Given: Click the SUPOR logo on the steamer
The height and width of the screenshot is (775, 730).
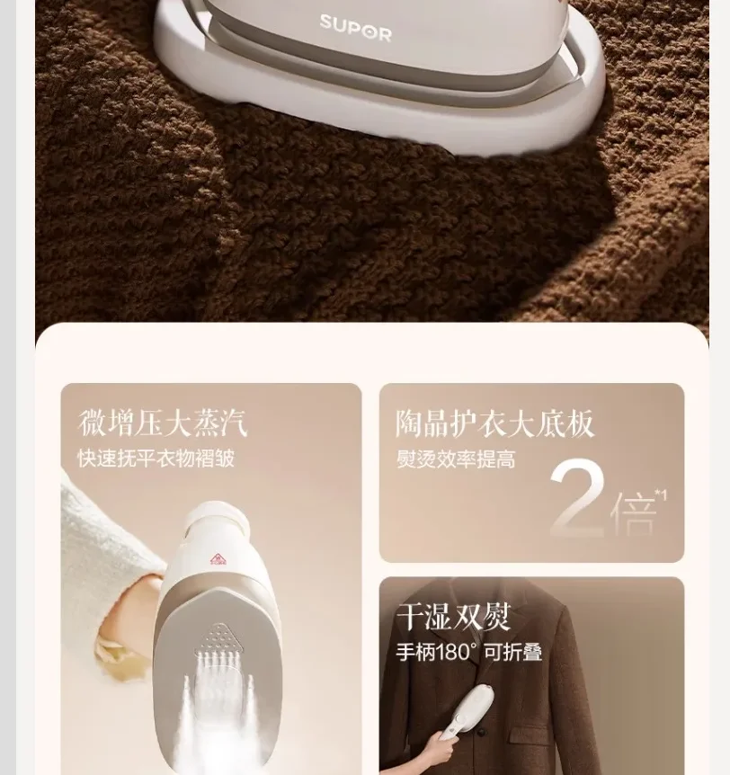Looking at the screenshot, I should (x=355, y=28).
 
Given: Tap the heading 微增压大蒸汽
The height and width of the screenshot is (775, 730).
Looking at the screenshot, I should (x=162, y=423).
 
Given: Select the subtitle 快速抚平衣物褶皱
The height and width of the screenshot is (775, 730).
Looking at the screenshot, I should (x=156, y=459).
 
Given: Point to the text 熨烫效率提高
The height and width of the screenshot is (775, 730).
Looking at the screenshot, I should (x=456, y=459).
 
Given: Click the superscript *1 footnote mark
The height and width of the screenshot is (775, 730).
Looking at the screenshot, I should (x=661, y=495).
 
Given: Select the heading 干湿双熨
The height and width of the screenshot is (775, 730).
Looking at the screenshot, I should (x=453, y=617).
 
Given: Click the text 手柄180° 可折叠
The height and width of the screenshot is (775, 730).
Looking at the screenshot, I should (x=469, y=652).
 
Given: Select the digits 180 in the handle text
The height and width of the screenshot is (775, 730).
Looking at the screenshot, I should (x=453, y=652).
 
